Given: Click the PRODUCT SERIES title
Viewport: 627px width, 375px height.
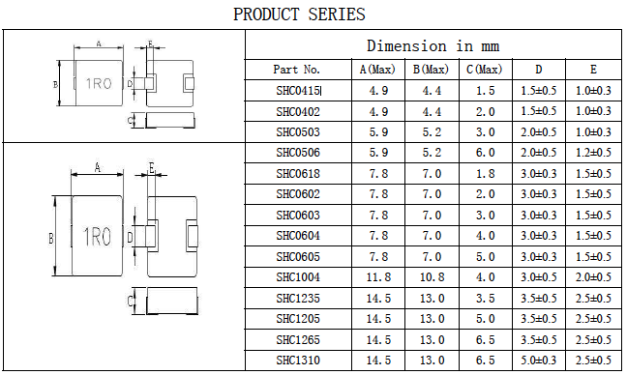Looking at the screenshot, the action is (x=299, y=14).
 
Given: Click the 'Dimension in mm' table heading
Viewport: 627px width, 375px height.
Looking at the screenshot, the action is (x=433, y=46).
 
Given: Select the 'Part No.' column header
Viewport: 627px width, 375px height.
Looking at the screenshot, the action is (x=297, y=70).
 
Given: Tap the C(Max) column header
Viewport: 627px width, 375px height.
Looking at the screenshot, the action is (x=484, y=70).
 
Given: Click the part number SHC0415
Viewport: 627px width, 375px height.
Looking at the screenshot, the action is (x=298, y=91).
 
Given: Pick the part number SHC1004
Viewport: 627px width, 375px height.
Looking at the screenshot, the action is (x=298, y=277).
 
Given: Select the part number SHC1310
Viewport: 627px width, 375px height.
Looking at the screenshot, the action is (x=298, y=361).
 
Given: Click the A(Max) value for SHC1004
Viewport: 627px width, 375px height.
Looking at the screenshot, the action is (x=378, y=277).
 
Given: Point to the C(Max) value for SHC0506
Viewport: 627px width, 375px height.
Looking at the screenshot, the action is (x=485, y=153).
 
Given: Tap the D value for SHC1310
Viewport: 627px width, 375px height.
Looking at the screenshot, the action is (x=538, y=361).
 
